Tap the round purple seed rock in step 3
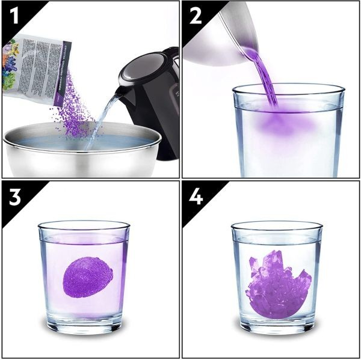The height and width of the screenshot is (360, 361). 88,277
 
